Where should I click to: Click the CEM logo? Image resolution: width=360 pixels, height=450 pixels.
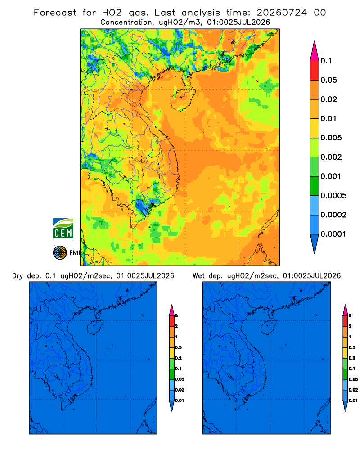pos(63,228)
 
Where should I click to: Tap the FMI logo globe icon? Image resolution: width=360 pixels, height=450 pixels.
pos(60,252)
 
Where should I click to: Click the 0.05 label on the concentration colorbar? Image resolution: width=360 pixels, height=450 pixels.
pos(328,80)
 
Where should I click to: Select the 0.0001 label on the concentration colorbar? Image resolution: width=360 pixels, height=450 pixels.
pos(333,234)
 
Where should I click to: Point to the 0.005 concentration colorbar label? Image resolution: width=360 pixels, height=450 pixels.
pos(331,138)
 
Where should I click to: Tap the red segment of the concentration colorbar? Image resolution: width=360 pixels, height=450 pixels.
pos(315,71)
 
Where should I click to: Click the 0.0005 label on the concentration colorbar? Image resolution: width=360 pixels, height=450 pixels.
pos(333,196)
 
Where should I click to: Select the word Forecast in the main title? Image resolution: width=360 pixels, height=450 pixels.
pos(55,13)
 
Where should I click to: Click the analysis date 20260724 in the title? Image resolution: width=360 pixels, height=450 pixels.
pos(282,13)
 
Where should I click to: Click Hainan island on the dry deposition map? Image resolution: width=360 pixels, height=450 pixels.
pos(95,328)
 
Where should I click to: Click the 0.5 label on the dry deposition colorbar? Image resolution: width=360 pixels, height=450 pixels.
pos(178,347)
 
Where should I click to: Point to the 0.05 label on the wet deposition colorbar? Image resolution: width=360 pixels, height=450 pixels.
pos(353,379)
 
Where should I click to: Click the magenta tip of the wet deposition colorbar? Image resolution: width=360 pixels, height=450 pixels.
pos(345,310)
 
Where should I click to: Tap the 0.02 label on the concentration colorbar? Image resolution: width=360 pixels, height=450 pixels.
pos(328,99)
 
